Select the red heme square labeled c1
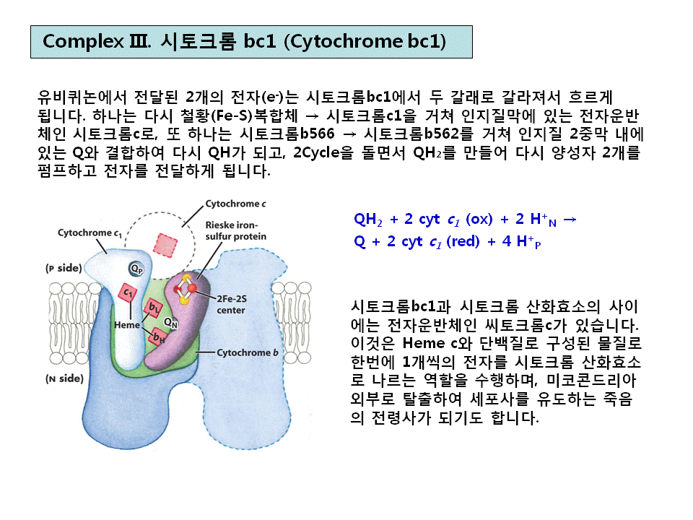[128, 292]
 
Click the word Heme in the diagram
[127, 325]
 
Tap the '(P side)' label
[64, 267]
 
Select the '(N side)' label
[64, 378]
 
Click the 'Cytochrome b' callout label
[248, 352]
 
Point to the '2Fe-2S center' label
[226, 305]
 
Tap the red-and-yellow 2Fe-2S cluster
[187, 287]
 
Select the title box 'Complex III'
[251, 41]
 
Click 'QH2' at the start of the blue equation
[367, 219]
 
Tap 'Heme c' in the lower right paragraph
[430, 342]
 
